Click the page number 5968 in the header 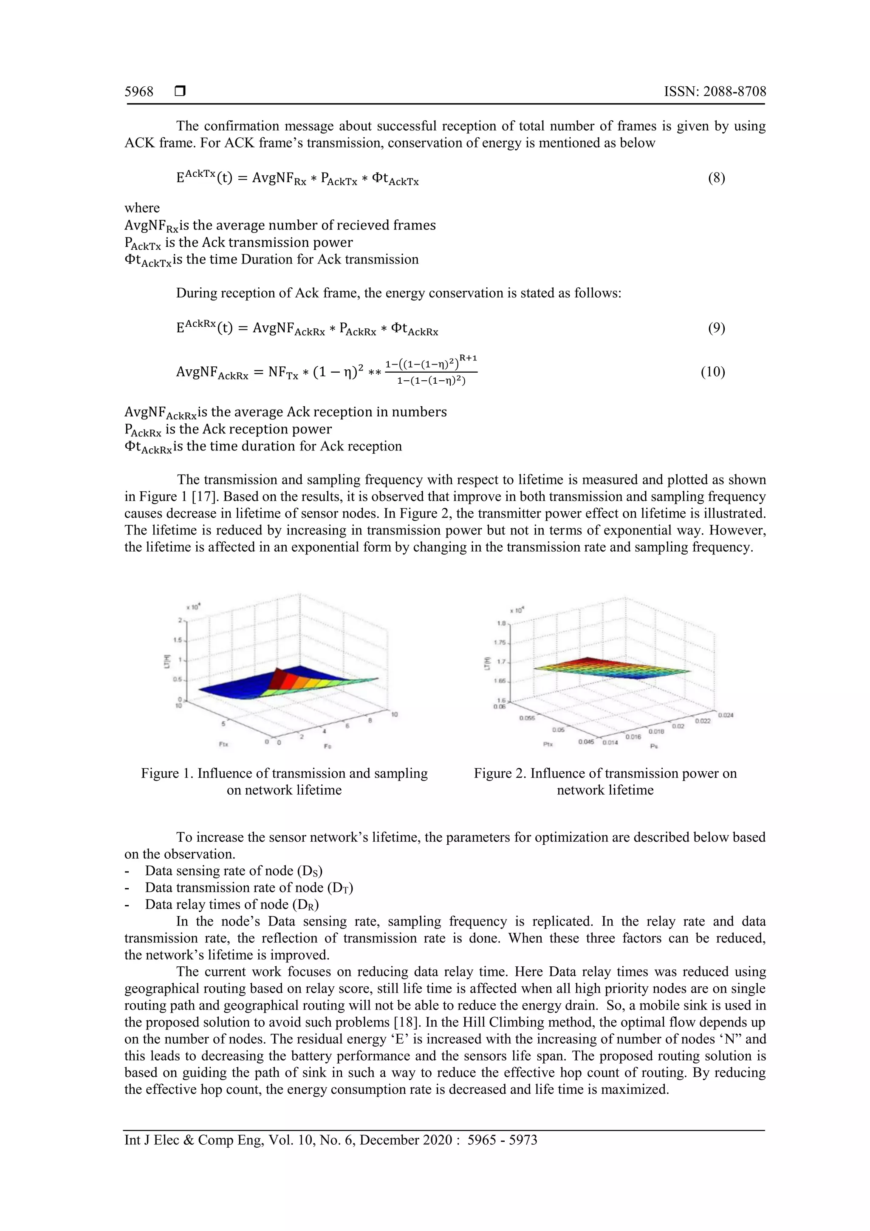coord(139,92)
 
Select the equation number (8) coord(716,178)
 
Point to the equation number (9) coord(716,328)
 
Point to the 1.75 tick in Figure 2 coord(500,642)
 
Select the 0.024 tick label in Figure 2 coord(726,715)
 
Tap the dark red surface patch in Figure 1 coord(277,679)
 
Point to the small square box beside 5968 coord(180,92)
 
